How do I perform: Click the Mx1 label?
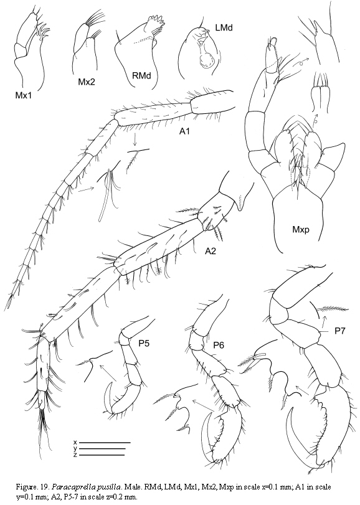23,95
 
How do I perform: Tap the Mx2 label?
87,82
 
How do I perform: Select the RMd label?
142,76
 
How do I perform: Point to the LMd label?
224,27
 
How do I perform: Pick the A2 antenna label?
211,251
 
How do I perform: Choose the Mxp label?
300,229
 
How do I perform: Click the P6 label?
219,345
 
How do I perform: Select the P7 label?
340,331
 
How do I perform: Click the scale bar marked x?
105,443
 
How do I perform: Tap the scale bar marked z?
102,455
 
